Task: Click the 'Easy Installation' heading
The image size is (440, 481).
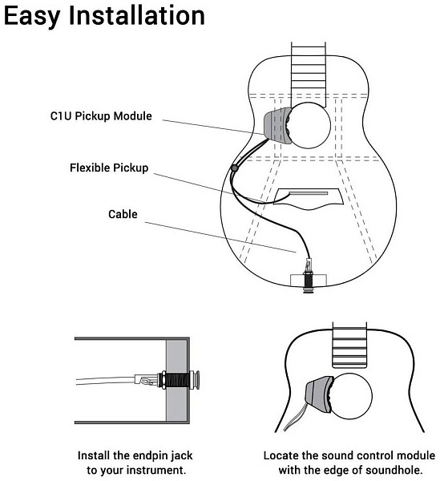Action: click(104, 16)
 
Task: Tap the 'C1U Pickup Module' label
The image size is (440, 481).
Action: click(101, 116)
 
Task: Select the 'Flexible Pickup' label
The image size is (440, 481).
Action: click(109, 168)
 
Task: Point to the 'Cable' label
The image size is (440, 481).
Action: click(123, 214)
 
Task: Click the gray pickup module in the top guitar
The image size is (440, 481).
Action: click(277, 125)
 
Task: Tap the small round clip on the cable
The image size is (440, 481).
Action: click(235, 168)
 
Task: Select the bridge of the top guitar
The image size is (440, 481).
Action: click(309, 199)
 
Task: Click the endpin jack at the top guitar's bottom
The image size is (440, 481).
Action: click(308, 277)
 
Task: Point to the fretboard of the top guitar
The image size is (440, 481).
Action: click(308, 74)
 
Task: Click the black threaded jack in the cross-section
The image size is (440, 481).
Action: click(177, 380)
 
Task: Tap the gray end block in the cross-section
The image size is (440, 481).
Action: click(176, 380)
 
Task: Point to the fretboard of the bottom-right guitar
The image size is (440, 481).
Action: click(349, 345)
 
